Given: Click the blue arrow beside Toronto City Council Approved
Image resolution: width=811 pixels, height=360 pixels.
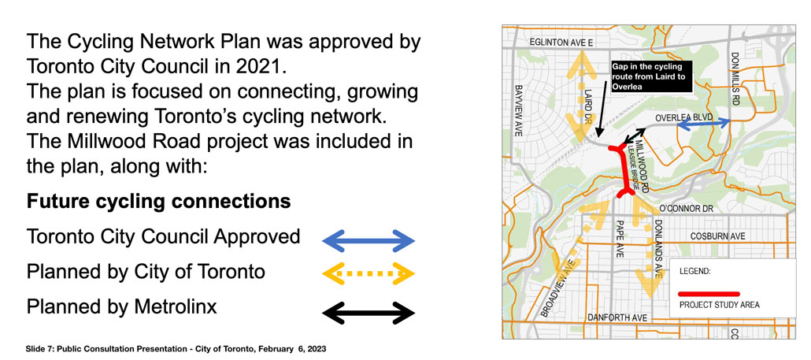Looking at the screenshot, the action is [368, 240].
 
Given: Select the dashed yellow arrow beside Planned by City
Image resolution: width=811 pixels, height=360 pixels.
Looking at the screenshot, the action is [368, 273].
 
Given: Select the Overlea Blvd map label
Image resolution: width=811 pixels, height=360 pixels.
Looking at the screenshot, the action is [684, 118].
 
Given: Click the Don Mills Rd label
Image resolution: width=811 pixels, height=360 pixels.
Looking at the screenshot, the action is [736, 77].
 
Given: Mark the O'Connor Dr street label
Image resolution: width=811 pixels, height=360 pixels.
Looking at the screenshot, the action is [687, 209].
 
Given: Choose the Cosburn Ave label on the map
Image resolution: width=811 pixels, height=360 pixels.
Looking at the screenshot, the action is [718, 236].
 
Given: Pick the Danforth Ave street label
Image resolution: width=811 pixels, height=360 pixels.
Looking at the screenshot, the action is [618, 317].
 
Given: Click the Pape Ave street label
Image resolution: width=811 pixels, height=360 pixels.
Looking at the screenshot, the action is [620, 239].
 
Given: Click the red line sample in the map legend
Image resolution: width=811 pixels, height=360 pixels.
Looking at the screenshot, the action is [709, 294].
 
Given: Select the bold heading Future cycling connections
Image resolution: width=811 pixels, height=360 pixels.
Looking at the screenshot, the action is [159, 201].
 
